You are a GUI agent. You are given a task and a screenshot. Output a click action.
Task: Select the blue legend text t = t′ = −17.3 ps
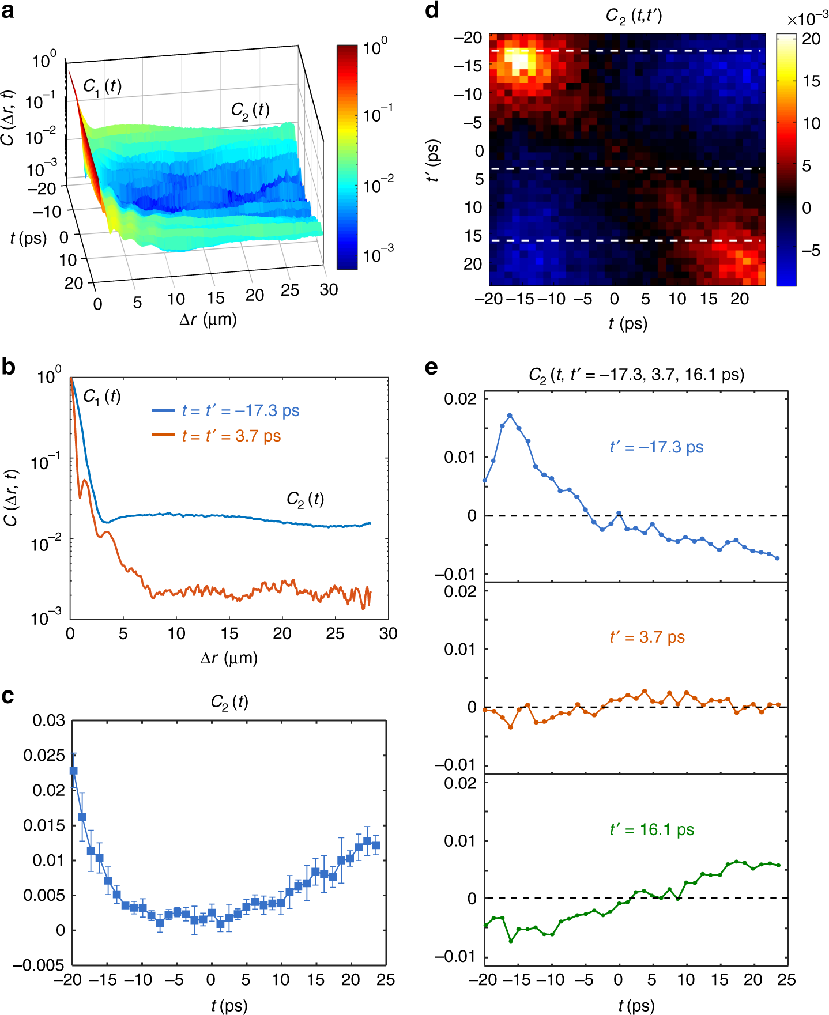(240, 411)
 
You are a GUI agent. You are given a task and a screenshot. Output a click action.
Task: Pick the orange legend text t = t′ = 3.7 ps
(231, 436)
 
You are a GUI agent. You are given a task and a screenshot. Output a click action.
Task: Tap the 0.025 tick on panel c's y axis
(44, 755)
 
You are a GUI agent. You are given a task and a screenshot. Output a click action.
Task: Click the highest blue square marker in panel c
(73, 770)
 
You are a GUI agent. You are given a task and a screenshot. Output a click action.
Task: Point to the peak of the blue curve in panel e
(510, 415)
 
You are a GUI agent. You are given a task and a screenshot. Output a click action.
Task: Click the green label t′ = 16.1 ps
(651, 829)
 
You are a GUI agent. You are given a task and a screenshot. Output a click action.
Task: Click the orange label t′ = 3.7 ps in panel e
(647, 637)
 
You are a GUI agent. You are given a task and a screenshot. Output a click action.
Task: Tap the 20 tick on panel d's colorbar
(811, 39)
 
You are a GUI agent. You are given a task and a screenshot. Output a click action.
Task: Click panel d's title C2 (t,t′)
(634, 16)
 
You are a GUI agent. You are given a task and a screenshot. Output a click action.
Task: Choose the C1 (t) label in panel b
(102, 397)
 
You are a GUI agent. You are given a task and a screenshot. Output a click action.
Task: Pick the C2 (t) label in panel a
(250, 110)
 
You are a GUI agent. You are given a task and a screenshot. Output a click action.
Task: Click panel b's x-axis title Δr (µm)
(229, 658)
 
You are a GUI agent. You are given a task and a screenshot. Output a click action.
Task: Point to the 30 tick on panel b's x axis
(388, 634)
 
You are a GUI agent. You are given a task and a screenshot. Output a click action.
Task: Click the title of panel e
(636, 375)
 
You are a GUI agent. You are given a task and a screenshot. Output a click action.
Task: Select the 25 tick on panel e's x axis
(786, 980)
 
